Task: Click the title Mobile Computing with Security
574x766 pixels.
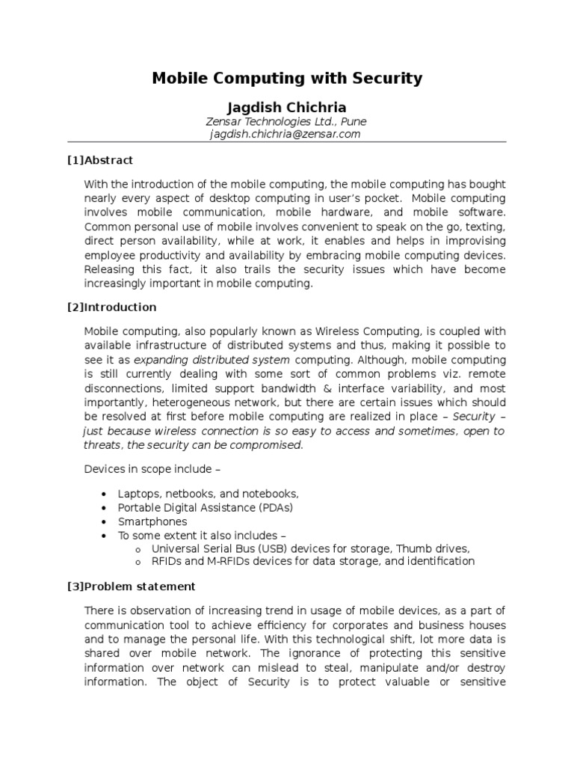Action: pyautogui.click(x=287, y=78)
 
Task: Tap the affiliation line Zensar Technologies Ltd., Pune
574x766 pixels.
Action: pyautogui.click(x=287, y=120)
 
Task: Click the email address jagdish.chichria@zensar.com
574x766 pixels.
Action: pyautogui.click(x=287, y=134)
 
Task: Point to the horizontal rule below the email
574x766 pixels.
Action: pyautogui.click(x=287, y=142)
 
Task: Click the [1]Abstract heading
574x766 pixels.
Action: pyautogui.click(x=100, y=160)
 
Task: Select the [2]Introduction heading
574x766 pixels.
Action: pyautogui.click(x=111, y=307)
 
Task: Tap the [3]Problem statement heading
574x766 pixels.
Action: pyautogui.click(x=131, y=586)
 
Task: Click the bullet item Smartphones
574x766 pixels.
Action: pyautogui.click(x=152, y=521)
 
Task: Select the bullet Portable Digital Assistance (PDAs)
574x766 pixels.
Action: pyautogui.click(x=205, y=507)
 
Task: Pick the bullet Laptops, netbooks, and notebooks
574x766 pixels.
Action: pyautogui.click(x=208, y=494)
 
